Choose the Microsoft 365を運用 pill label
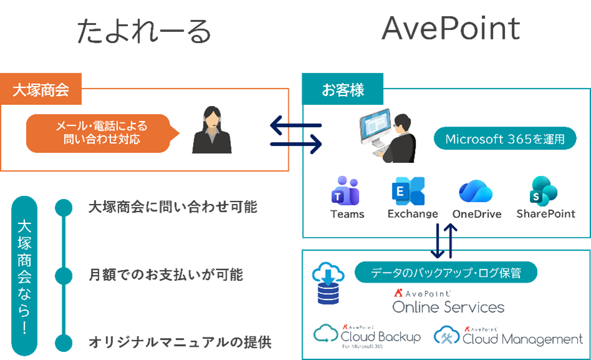pos(505,139)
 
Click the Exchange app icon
pos(408,191)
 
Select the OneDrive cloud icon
pos(476,191)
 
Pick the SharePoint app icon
pos(545,191)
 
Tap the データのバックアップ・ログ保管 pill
pos(446,273)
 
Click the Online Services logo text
pos(448,306)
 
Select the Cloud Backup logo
pos(368,336)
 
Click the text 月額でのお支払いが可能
pos(165,275)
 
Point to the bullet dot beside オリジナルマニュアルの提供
pos(63,343)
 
